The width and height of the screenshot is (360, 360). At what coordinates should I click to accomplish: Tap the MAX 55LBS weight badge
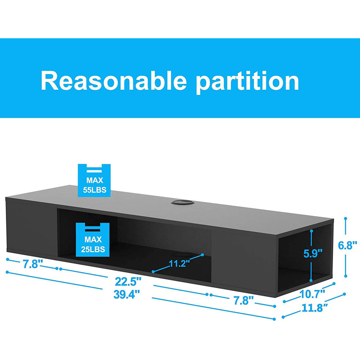[94, 180]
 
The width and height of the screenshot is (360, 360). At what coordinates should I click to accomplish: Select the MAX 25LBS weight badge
[93, 239]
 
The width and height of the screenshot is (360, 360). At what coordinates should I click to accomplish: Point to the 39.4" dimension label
[126, 294]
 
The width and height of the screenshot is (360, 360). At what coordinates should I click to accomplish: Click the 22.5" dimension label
[128, 282]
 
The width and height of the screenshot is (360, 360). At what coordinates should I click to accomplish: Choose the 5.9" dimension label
[313, 253]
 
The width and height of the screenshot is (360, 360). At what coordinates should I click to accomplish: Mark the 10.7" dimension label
[313, 294]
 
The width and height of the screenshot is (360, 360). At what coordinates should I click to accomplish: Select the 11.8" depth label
[314, 308]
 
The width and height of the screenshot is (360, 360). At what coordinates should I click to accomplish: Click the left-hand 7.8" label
[33, 264]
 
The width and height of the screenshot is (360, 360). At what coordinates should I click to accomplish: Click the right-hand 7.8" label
[243, 301]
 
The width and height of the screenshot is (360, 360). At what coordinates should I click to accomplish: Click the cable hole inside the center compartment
[184, 254]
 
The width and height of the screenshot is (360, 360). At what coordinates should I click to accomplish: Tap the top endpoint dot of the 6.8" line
[346, 218]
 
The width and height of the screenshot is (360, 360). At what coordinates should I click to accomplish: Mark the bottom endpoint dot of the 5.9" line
[311, 280]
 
